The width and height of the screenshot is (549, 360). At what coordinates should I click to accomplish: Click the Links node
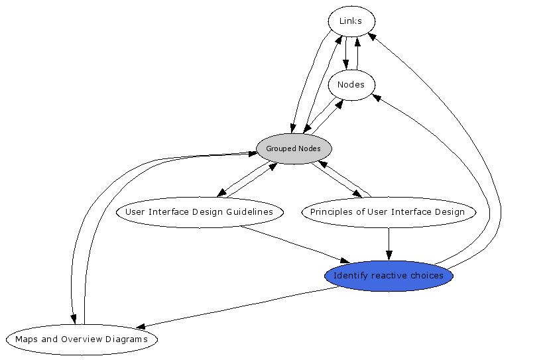click(x=351, y=21)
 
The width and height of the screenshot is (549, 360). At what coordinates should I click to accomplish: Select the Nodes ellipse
click(x=351, y=85)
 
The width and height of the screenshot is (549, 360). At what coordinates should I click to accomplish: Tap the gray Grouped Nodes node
click(x=293, y=149)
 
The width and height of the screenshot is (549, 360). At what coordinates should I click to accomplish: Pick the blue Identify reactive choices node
click(x=389, y=276)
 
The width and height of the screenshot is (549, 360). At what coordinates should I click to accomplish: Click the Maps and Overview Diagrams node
click(x=82, y=339)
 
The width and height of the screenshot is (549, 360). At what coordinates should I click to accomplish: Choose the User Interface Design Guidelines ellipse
click(x=200, y=212)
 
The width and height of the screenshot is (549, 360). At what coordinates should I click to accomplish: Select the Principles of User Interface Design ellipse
click(x=388, y=212)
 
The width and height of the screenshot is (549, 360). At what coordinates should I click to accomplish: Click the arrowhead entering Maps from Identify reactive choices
click(x=141, y=327)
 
